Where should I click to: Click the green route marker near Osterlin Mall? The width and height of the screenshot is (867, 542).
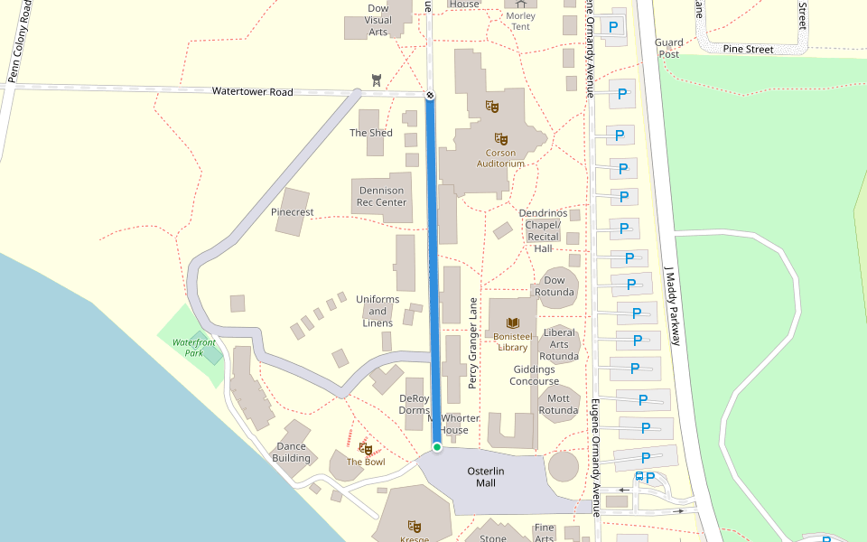click(437, 447)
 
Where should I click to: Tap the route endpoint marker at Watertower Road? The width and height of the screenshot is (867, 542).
click(430, 94)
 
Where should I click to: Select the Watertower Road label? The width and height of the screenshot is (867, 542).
click(253, 92)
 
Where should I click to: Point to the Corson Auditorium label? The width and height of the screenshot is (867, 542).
click(499, 158)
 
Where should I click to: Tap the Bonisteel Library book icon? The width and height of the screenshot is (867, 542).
click(513, 323)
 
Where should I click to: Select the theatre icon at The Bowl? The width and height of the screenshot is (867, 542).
click(366, 448)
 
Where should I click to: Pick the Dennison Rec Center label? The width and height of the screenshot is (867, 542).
click(382, 196)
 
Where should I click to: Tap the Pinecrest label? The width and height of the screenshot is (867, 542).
click(292, 212)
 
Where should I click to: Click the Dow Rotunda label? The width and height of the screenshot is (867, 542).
click(554, 286)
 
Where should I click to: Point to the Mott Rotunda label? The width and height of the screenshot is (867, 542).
click(558, 404)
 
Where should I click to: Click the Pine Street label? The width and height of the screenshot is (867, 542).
click(749, 50)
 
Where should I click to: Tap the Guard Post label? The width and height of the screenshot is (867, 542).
click(668, 48)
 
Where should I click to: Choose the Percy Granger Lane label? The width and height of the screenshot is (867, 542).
click(472, 343)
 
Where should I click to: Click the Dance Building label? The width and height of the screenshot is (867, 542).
click(291, 453)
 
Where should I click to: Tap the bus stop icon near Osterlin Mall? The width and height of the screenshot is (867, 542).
click(639, 476)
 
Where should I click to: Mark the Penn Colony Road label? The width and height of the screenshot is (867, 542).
click(20, 42)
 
